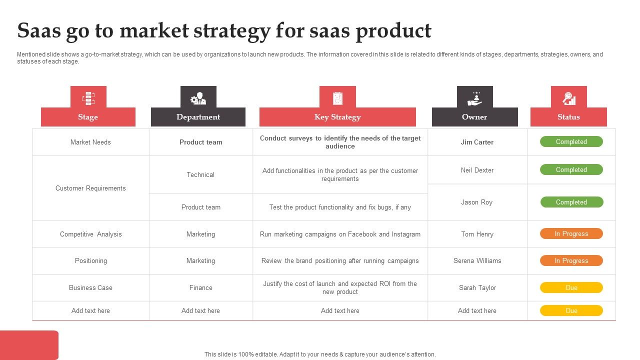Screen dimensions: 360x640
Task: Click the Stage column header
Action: click(x=88, y=117)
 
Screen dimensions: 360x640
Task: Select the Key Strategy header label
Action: click(x=337, y=117)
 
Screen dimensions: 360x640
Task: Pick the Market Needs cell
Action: click(x=90, y=142)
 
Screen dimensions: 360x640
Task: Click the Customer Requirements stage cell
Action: click(x=90, y=188)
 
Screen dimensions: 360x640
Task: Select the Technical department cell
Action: click(x=200, y=174)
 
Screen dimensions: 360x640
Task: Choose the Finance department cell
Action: click(x=200, y=287)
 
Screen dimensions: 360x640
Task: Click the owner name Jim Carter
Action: click(x=477, y=142)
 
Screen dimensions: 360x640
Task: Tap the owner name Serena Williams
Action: click(x=477, y=260)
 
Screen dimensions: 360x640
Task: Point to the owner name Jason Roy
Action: click(x=476, y=202)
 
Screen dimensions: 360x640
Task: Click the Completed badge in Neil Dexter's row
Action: click(x=571, y=169)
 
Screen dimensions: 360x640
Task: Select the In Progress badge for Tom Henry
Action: click(x=571, y=233)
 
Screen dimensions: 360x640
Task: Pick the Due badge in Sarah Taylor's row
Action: click(x=571, y=287)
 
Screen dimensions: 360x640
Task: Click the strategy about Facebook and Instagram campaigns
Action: click(x=340, y=234)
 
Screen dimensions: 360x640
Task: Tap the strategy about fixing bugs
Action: click(x=340, y=207)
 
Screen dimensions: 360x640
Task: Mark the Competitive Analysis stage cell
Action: click(x=90, y=234)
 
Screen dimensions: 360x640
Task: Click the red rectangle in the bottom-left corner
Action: click(x=29, y=344)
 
